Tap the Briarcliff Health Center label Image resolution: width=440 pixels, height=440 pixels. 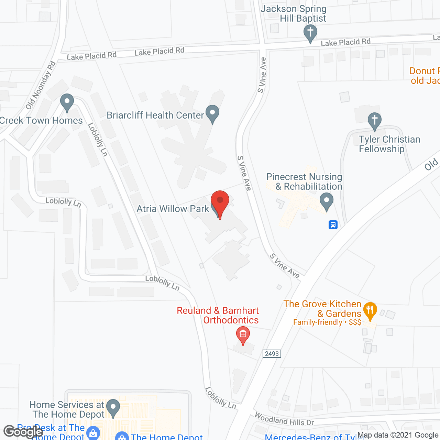pos(155,115)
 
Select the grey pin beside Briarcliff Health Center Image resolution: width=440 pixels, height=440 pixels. pos(212,113)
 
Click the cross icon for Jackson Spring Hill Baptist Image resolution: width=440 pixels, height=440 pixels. pos(310,33)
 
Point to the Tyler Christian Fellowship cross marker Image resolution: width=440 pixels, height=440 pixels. pos(374,121)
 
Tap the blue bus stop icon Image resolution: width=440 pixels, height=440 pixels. pos(333,225)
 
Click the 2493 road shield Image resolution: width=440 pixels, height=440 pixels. pos(272,354)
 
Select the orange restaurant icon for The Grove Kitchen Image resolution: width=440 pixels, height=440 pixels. pos(370,310)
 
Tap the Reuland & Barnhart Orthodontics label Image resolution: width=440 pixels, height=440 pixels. pos(218,316)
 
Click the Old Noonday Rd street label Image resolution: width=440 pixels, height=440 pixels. pos(41,85)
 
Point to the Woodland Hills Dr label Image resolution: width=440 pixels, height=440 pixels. pos(284,419)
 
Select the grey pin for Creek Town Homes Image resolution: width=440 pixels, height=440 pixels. pos(67,102)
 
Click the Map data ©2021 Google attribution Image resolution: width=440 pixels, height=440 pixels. pos(398,435)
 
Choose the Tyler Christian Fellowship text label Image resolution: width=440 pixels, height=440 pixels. pos(389,144)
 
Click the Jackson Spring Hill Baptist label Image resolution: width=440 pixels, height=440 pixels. pos(294,14)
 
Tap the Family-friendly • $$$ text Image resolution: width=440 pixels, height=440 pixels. pos(327,322)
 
